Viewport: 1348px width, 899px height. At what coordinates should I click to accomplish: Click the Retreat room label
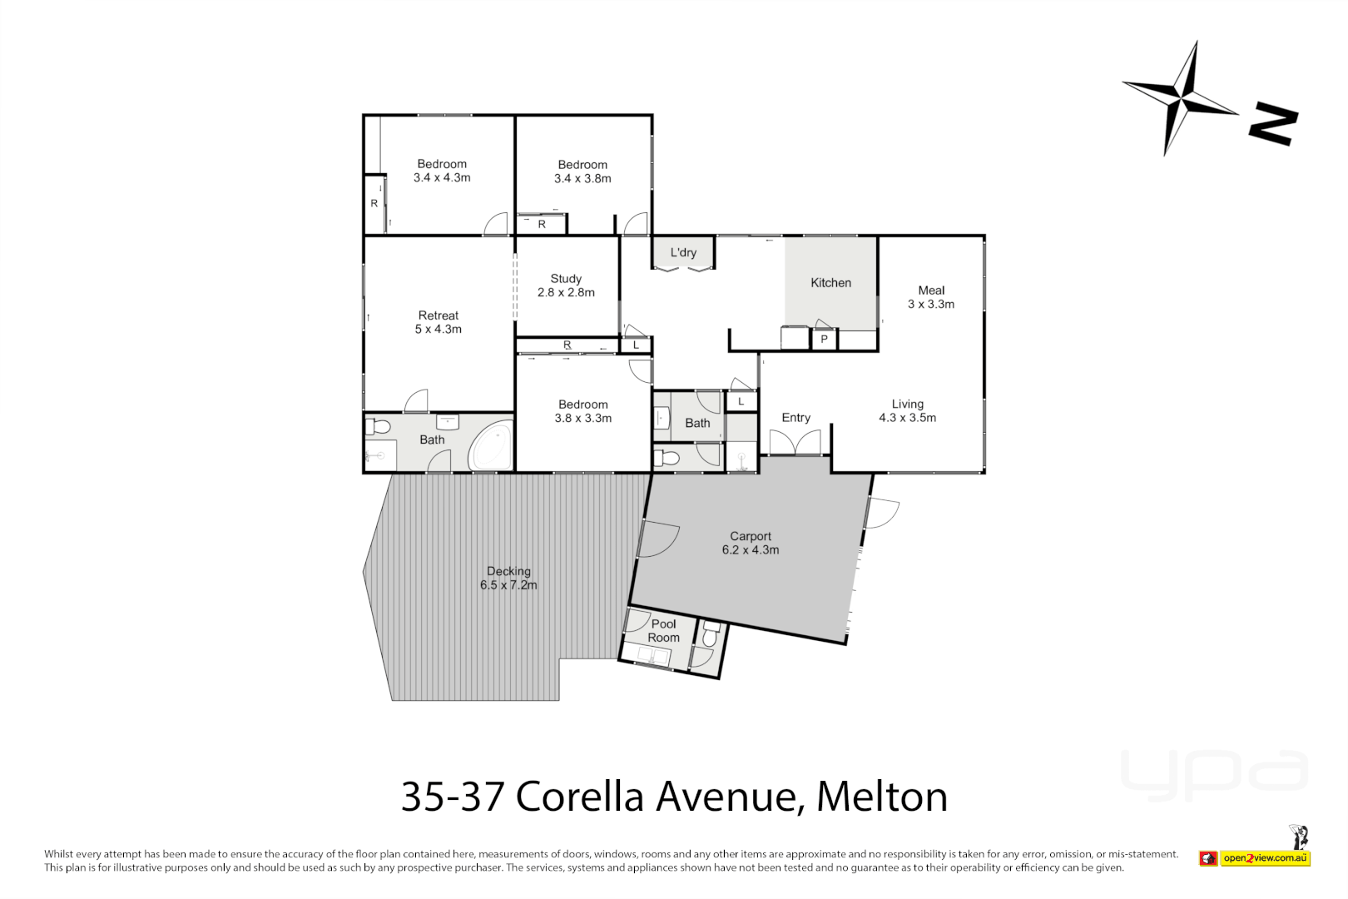pos(439,322)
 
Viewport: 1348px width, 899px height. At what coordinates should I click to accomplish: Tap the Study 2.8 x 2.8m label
pos(566,286)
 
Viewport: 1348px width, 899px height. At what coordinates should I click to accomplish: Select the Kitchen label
pos(830,283)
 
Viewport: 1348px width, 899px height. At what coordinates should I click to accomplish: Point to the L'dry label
pos(683,252)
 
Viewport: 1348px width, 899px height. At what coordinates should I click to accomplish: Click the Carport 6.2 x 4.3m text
pos(751,543)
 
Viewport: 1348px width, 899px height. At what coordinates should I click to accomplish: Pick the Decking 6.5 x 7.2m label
pos(508,578)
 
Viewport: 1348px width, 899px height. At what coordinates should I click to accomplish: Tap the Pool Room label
pos(664,630)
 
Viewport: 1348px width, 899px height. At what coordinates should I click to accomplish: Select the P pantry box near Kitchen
pos(824,340)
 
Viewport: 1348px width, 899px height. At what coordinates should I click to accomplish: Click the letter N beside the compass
pos(1273,125)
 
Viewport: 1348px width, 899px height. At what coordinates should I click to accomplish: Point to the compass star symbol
pos(1182,97)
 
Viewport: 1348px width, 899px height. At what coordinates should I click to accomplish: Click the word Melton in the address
pos(882,797)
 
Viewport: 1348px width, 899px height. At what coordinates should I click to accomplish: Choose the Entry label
pos(795,418)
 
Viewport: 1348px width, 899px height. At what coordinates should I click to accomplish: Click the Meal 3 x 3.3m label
pos(931,297)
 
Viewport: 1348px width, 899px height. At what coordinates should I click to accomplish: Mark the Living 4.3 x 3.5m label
pos(907,410)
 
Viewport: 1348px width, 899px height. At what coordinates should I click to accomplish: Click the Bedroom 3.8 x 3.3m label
pos(582,411)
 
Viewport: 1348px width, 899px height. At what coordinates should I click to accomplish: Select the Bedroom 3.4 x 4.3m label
pos(442,171)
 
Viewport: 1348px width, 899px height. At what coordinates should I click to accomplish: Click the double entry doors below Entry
pos(795,443)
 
